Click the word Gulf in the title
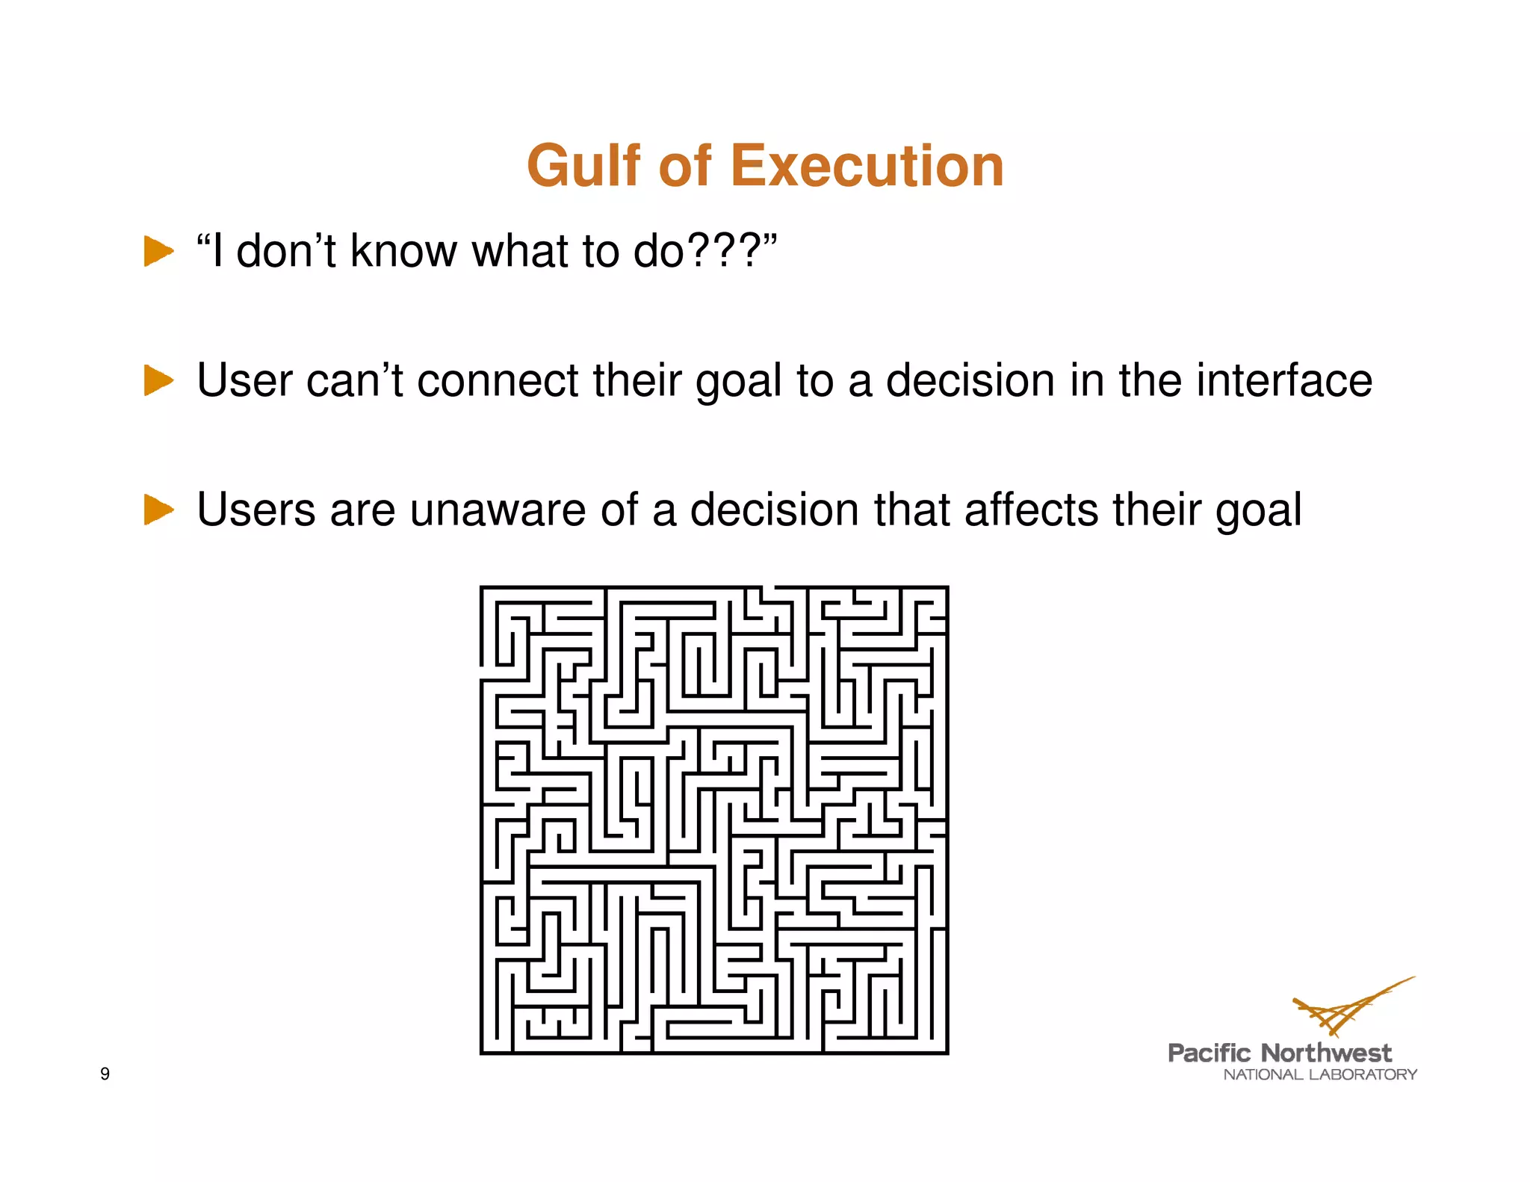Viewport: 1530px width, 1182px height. tap(583, 166)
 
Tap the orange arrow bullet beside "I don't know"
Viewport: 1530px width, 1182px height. tap(158, 251)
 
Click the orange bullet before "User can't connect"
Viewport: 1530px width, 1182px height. tap(158, 380)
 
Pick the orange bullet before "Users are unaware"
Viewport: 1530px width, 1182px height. tap(158, 510)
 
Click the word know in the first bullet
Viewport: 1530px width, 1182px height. tap(403, 251)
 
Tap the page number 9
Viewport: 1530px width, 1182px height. tap(105, 1074)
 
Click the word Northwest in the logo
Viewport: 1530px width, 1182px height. tap(1326, 1053)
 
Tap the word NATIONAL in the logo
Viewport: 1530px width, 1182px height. tap(1263, 1074)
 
